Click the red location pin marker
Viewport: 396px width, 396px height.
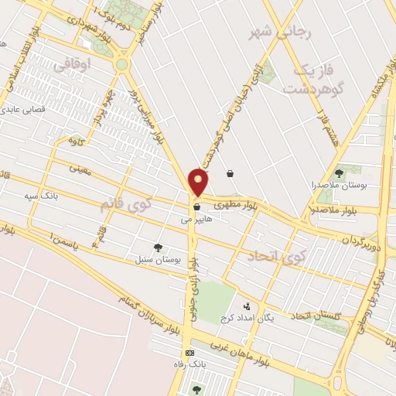pos(199,183)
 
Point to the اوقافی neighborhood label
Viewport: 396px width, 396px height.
pos(72,66)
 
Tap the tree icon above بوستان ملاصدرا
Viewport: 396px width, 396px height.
pos(339,174)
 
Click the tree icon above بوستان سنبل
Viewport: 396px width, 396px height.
pos(159,247)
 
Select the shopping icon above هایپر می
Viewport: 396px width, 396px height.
pos(197,207)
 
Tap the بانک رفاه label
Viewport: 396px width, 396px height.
pos(190,364)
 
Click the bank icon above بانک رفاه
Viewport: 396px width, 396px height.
pos(190,352)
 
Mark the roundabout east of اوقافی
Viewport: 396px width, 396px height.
pos(121,64)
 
